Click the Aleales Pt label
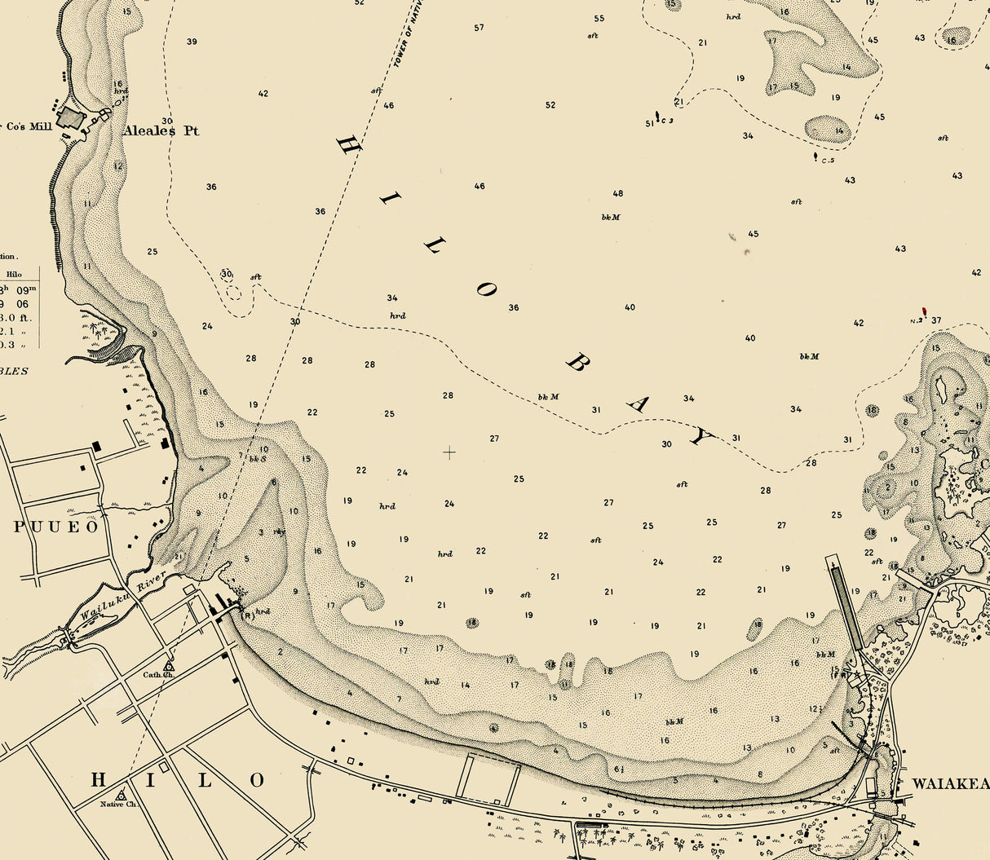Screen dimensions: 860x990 click(161, 130)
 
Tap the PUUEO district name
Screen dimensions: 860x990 click(56, 527)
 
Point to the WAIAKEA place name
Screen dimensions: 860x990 click(950, 783)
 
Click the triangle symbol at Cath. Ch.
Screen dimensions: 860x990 click(169, 667)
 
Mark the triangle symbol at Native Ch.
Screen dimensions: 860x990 click(122, 794)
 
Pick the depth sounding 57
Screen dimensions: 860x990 click(479, 28)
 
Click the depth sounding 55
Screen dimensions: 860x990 click(599, 19)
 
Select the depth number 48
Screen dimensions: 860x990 click(617, 194)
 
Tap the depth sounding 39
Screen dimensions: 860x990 click(192, 42)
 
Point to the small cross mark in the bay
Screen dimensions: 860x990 click(449, 452)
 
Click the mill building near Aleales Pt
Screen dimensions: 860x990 click(71, 119)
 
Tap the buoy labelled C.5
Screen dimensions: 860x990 click(815, 156)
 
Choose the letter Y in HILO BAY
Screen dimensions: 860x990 click(699, 438)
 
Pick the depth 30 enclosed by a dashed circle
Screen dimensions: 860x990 click(227, 275)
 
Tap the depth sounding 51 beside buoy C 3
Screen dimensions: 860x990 click(650, 124)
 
